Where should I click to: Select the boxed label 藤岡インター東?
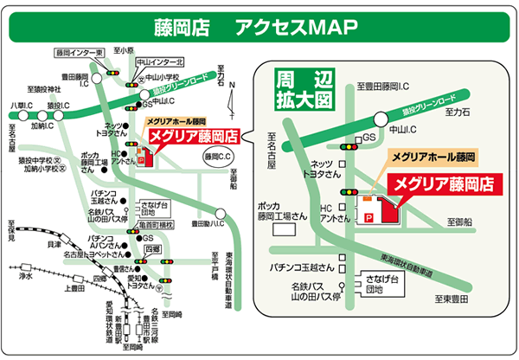[x=80, y=53]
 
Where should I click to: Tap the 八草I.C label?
[x=20, y=106]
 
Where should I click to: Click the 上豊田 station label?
[x=76, y=289]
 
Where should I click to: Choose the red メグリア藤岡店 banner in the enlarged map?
[x=442, y=183]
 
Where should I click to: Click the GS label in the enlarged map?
[x=369, y=138]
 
